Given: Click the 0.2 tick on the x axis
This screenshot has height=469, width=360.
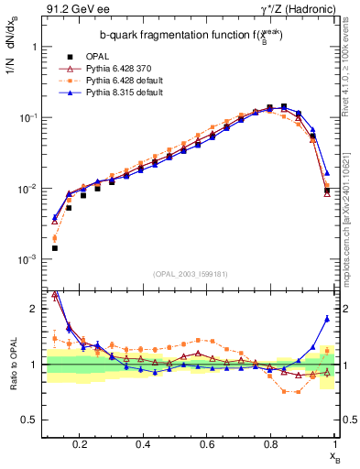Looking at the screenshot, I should tap(80, 443).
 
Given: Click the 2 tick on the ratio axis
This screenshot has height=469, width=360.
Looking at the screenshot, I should tap(32, 309).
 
